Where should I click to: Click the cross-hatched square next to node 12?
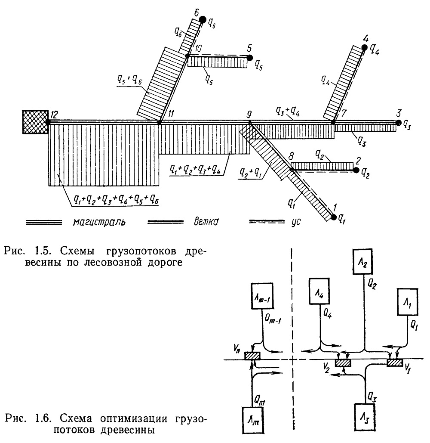tap(35, 122)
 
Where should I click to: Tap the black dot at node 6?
tap(203, 19)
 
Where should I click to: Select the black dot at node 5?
tap(250, 58)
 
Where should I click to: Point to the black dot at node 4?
tap(365, 47)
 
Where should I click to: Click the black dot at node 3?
tap(399, 123)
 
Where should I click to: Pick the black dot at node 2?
tap(356, 170)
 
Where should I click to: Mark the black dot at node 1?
tap(334, 217)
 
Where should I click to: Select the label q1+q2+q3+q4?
tap(195, 169)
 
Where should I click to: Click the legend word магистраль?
tap(99, 222)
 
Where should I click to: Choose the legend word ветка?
tap(206, 222)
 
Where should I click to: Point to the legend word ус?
tap(296, 222)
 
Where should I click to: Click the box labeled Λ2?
tap(362, 262)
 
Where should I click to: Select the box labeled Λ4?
tap(319, 291)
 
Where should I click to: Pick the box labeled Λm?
tap(254, 420)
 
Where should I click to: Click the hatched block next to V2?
tap(343, 363)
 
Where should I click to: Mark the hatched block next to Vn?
tap(252, 356)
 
